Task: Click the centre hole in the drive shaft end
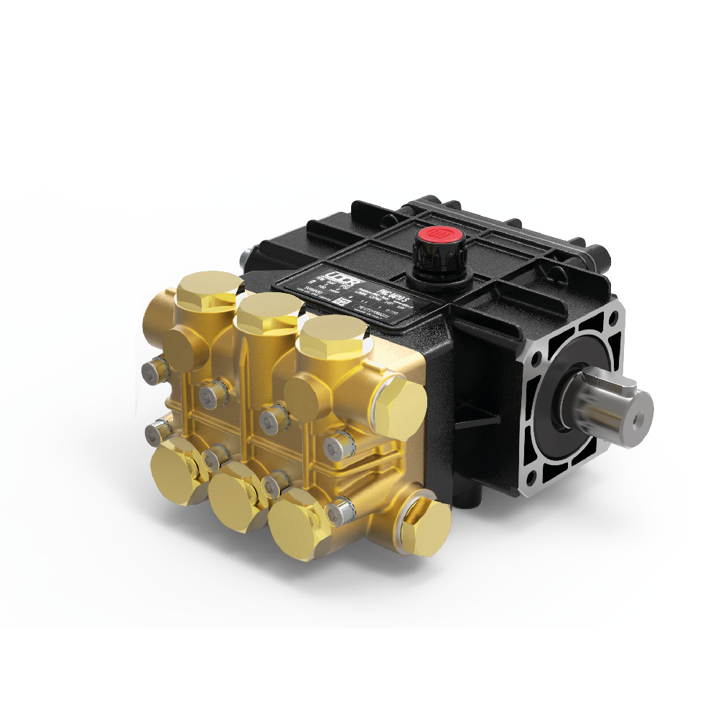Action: pos(638,414)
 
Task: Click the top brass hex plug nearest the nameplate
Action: pos(334,332)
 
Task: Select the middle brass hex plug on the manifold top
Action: pos(271,307)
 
